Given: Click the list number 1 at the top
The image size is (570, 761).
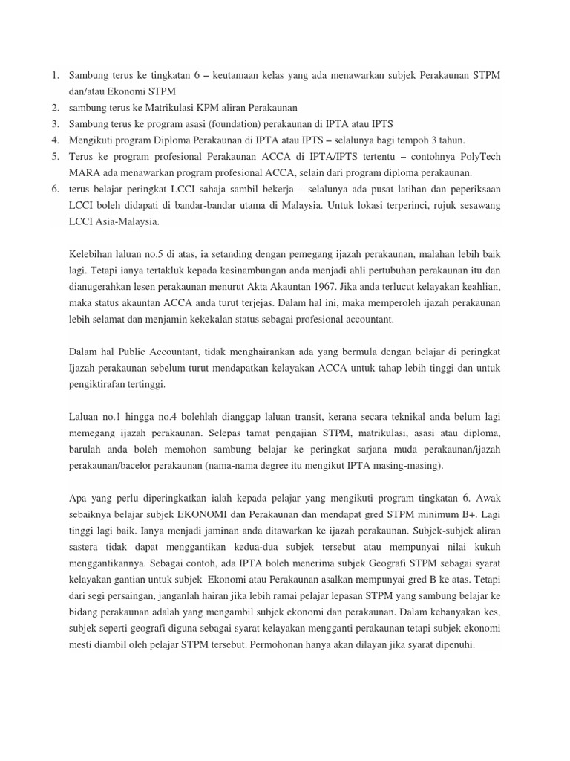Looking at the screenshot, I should (x=54, y=75).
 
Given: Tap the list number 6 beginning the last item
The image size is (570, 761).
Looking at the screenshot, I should (x=55, y=189).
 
